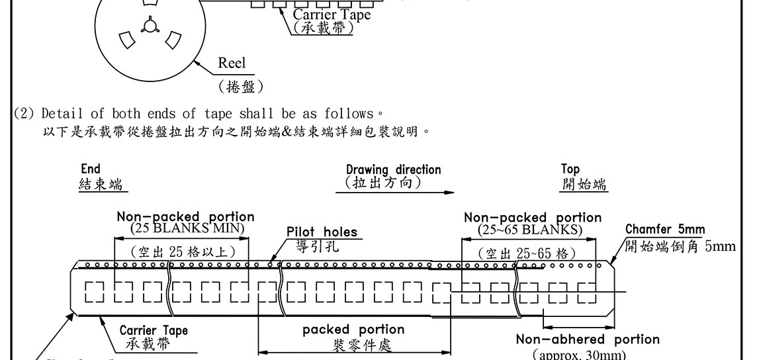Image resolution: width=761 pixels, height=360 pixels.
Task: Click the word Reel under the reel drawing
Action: coord(232,64)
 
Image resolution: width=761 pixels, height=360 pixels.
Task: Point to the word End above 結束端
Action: coord(91,169)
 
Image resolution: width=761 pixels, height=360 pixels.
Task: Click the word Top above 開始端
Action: coord(570,169)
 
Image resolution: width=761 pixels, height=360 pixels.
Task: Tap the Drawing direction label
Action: coord(393,169)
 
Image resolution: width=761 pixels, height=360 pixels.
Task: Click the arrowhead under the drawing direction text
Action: coord(449,193)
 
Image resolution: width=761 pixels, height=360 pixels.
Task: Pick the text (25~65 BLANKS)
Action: coord(530,229)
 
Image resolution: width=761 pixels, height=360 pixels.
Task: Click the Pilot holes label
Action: coord(322,232)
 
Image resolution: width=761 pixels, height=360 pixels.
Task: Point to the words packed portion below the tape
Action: coord(353,330)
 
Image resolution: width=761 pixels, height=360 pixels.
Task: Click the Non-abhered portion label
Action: coord(588,339)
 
